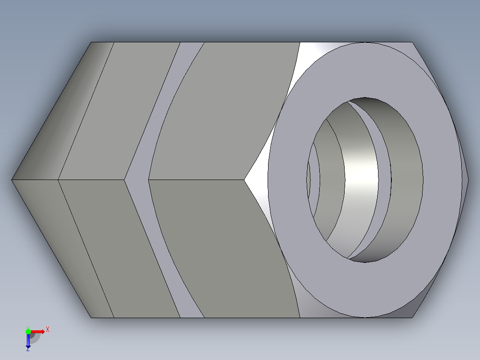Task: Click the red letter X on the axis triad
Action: [x=48, y=330]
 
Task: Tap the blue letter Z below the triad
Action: [x=28, y=350]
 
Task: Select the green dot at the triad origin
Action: [x=28, y=331]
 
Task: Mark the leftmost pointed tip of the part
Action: [x=12, y=180]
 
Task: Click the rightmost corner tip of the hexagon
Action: [x=468, y=180]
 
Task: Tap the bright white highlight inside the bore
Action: [x=361, y=174]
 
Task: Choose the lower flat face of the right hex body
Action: [x=223, y=250]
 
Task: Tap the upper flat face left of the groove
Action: [x=120, y=111]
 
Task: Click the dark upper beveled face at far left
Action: [x=67, y=111]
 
